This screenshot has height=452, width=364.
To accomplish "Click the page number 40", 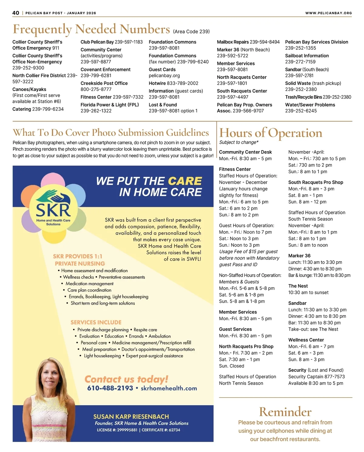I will [x=16, y=13].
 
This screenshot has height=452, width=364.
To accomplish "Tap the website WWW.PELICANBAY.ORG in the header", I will [x=329, y=13].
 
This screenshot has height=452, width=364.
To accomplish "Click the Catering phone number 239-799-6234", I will [x=48, y=109].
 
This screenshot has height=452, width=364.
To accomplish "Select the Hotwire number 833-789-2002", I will [x=183, y=83].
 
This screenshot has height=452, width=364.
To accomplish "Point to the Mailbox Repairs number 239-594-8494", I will [x=265, y=42].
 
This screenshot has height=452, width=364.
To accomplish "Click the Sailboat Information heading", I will [x=307, y=56].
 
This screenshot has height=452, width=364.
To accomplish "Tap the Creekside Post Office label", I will [x=104, y=83].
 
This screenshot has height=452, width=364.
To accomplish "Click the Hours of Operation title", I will [x=271, y=133].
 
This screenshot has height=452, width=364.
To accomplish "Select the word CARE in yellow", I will [x=185, y=181].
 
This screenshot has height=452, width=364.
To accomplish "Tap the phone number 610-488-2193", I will [x=110, y=388].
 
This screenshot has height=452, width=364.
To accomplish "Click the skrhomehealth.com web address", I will [x=169, y=388].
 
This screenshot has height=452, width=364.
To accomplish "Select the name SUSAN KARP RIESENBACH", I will [x=131, y=417].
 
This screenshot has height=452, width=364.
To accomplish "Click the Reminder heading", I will [x=285, y=412].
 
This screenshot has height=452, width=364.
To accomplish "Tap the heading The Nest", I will [x=298, y=286].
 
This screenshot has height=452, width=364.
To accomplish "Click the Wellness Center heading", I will [x=306, y=340].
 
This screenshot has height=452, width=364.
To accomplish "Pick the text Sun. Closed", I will [x=231, y=366].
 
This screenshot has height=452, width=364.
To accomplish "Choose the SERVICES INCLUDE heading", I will [x=96, y=322].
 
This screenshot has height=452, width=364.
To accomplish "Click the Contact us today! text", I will [x=126, y=379].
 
